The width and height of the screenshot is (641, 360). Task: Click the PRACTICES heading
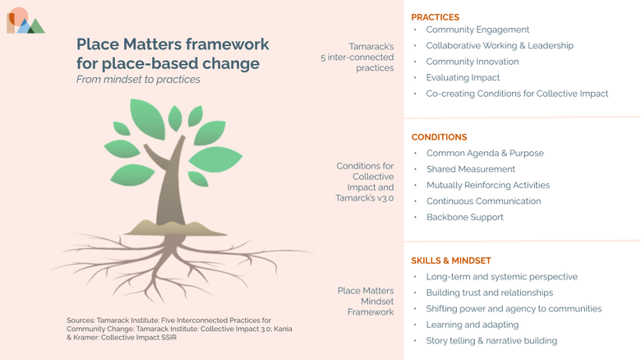[x=435, y=17]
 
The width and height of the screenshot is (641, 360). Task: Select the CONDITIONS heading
[x=439, y=137]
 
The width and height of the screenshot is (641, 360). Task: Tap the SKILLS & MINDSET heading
[x=451, y=261]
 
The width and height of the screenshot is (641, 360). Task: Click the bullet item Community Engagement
[x=477, y=30]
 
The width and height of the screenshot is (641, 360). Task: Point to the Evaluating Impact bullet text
[x=463, y=78]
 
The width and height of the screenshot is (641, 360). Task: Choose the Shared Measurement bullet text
[x=471, y=169]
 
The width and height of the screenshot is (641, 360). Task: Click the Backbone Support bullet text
[x=465, y=217]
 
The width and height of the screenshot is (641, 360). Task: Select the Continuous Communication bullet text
[x=483, y=201]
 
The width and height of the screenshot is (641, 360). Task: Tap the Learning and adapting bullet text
[x=473, y=325]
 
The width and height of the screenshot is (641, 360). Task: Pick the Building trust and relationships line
[x=489, y=293]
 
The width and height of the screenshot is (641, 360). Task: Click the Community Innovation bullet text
[x=473, y=62]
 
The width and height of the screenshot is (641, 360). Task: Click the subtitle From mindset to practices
[x=138, y=80]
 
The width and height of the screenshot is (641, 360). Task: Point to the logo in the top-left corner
[x=25, y=21]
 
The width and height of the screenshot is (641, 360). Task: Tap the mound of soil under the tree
[x=175, y=228]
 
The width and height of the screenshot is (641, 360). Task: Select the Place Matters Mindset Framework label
[x=366, y=302]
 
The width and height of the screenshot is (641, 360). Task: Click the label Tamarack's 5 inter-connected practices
[x=357, y=58]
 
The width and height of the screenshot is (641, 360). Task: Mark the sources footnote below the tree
[x=179, y=329]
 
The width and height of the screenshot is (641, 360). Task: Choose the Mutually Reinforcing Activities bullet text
[x=488, y=185]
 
